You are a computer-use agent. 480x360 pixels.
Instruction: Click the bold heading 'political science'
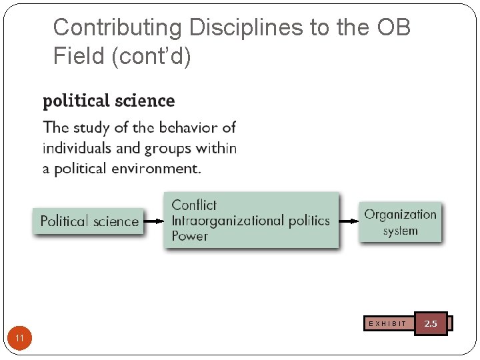[109, 101]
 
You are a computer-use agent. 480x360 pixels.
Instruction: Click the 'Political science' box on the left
[89, 221]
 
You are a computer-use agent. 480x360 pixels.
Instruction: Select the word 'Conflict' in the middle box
[194, 205]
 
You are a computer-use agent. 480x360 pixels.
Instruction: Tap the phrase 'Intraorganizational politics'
[251, 221]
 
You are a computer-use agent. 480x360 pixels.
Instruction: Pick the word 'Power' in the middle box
[190, 236]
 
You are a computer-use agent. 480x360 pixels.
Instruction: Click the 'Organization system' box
[400, 222]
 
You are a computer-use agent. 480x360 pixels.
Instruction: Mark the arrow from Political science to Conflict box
[154, 221]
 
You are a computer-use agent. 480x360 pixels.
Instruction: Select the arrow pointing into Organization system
[349, 221]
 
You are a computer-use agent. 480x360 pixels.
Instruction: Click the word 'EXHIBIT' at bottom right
[387, 324]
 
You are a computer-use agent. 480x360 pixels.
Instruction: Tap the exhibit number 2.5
[431, 323]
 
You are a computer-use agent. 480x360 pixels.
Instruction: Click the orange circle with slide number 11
[20, 339]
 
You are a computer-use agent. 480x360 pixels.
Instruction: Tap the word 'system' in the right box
[400, 231]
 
